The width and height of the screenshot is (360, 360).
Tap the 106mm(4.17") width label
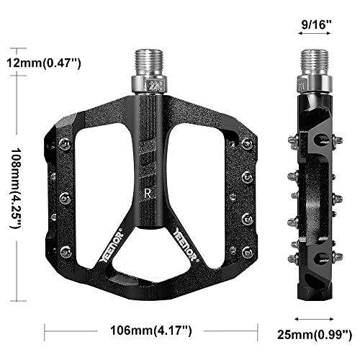(151, 332)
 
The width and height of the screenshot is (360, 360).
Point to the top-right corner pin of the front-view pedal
(247, 144)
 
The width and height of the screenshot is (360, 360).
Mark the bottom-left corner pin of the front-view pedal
(66, 251)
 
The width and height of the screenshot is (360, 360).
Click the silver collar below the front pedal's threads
(155, 85)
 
